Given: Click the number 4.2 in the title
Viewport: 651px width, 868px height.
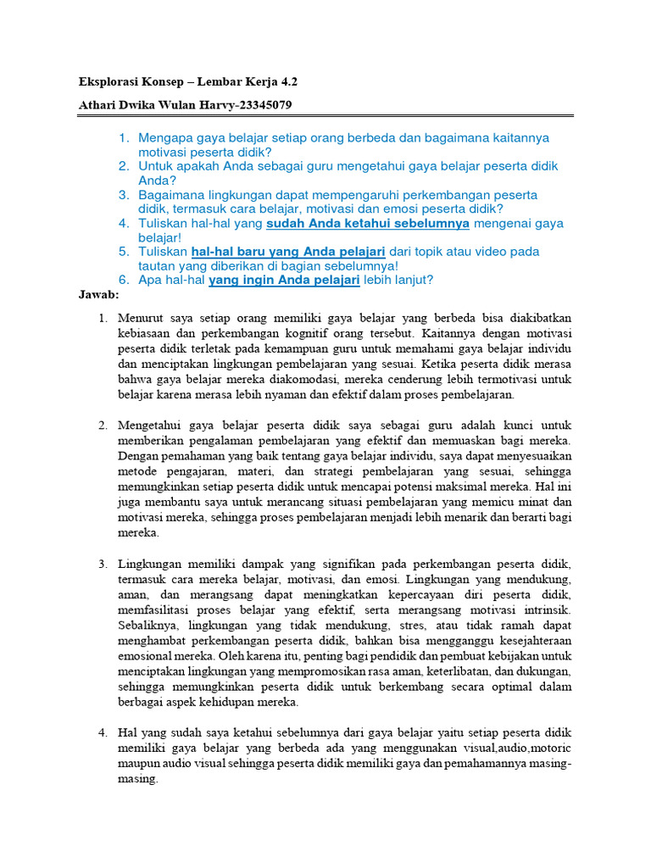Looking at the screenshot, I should coord(287,82).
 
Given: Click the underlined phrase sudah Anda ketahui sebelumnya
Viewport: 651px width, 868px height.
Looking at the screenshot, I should coord(367,224).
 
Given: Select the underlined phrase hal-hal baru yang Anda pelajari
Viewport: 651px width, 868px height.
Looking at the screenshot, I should coord(288,252).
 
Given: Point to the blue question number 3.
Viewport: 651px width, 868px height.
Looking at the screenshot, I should coord(123,195).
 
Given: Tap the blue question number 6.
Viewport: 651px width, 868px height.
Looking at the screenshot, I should coord(123,281).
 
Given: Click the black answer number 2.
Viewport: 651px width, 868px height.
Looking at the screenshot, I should coord(103,425).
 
